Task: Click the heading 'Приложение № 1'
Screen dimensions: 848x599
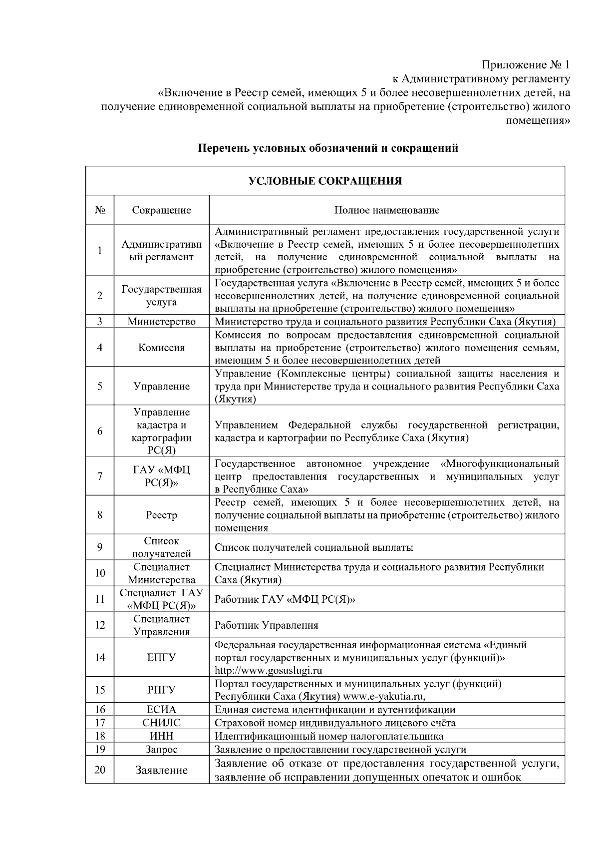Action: click(525, 65)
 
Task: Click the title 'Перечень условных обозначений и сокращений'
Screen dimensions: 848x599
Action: click(328, 148)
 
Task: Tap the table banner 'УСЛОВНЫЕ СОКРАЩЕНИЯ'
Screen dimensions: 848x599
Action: click(325, 181)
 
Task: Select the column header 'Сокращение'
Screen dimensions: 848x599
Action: click(161, 210)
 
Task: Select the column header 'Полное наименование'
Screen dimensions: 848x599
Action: click(387, 210)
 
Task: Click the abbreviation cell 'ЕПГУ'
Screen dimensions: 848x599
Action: click(161, 657)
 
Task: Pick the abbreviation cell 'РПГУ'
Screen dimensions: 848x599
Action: click(161, 690)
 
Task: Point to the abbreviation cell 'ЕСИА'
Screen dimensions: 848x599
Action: click(161, 709)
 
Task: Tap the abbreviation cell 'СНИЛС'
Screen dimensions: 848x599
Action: click(161, 723)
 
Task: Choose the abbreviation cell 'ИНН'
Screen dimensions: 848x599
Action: click(161, 736)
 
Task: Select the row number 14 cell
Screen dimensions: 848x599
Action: click(100, 657)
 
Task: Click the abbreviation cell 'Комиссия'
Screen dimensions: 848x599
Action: click(161, 348)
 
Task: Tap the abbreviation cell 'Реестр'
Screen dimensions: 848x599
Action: click(161, 515)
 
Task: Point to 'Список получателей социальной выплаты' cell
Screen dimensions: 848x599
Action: click(313, 547)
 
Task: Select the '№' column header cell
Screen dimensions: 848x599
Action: click(100, 210)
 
